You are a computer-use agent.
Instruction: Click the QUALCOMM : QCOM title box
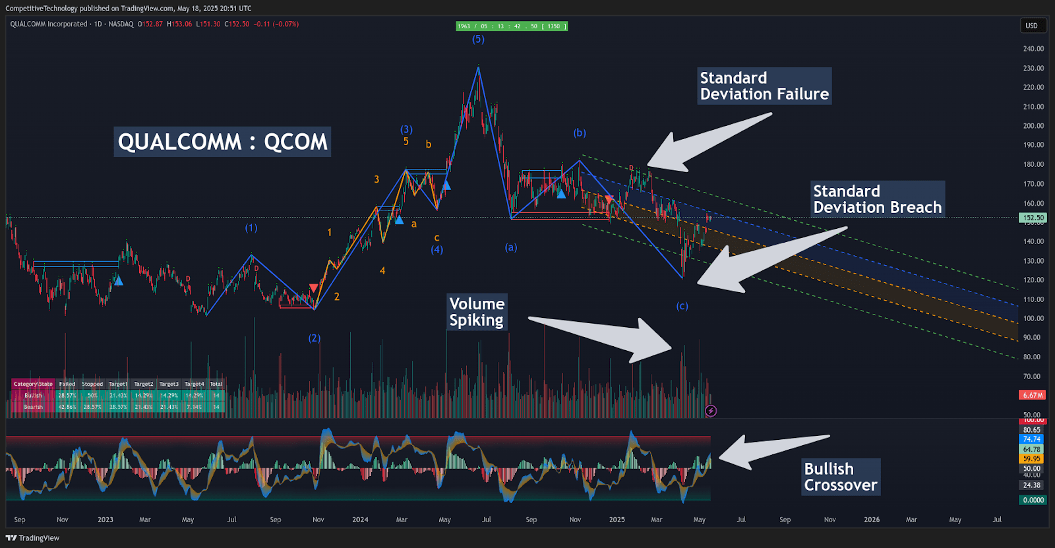coord(222,142)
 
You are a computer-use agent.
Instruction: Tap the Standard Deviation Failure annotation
coord(764,86)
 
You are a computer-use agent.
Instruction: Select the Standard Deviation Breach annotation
coord(877,199)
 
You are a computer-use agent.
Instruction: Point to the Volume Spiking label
coord(477,312)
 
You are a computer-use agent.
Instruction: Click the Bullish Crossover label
coord(841,477)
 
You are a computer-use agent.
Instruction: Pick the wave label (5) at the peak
coord(478,40)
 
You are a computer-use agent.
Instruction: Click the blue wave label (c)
coord(682,306)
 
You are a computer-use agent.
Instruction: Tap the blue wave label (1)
coord(251,228)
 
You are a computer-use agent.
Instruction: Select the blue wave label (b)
coord(580,133)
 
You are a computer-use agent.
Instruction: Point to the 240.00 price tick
coord(1033,49)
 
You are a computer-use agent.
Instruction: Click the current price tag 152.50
coord(1033,218)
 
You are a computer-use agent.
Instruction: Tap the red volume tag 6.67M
coord(1033,395)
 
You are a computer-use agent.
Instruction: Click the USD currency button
coord(1031,26)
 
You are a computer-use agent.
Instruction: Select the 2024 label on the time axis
coord(360,520)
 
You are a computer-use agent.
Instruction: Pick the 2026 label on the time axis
coord(872,520)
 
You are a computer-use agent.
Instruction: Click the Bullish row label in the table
coord(33,396)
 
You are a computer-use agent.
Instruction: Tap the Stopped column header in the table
coord(92,384)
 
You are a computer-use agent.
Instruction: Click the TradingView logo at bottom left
coord(32,538)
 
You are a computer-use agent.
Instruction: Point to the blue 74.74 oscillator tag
coord(1032,439)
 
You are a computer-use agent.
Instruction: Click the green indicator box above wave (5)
coord(512,26)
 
